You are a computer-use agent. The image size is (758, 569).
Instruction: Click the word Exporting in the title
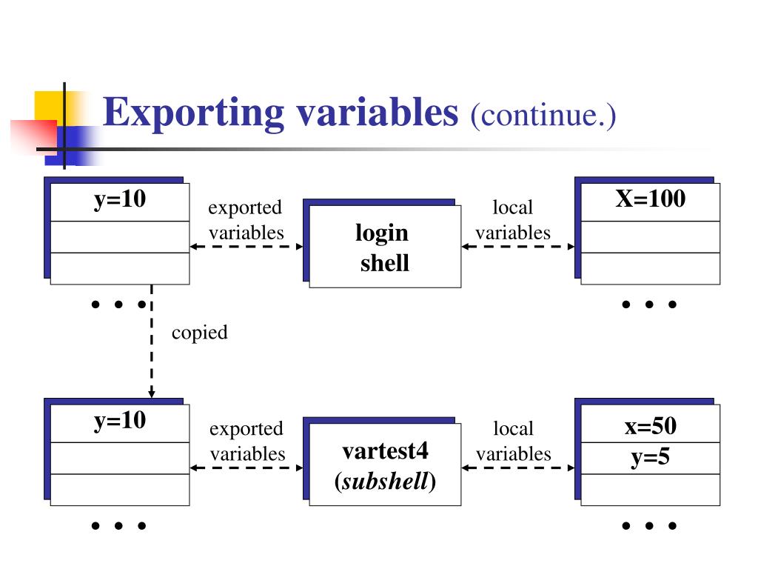click(194, 113)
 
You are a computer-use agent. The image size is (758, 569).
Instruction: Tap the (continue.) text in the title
click(543, 116)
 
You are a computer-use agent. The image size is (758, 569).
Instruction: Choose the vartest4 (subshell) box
click(385, 465)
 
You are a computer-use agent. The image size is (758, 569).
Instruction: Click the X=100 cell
click(650, 199)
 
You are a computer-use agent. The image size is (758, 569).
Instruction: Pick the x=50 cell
click(650, 426)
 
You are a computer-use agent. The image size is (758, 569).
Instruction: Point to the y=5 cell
click(650, 458)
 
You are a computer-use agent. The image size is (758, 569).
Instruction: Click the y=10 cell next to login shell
click(119, 200)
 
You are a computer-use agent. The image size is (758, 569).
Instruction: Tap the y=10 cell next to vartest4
click(119, 422)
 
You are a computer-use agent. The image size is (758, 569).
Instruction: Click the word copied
click(199, 333)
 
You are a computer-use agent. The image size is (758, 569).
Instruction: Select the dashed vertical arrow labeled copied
click(151, 341)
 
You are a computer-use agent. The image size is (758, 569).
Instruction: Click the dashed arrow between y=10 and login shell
click(246, 247)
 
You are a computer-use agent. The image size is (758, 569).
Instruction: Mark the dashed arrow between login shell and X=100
click(518, 247)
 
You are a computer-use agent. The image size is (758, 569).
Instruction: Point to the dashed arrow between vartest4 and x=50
click(518, 467)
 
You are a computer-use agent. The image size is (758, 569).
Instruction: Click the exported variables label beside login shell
click(246, 220)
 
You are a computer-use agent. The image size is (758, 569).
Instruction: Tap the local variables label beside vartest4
click(513, 441)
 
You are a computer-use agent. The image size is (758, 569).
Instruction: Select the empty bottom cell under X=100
click(650, 267)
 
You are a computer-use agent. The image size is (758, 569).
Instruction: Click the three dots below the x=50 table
click(650, 526)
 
